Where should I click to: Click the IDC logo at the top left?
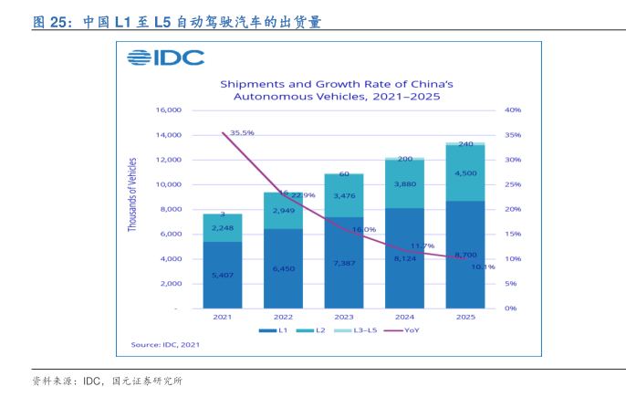pos(166,57)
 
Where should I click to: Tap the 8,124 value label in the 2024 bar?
pos(404,258)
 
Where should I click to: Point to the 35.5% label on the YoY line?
pos(242,132)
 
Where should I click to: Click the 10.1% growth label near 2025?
pos(483,267)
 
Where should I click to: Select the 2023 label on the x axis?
pos(343,316)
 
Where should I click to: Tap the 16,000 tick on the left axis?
pos(169,110)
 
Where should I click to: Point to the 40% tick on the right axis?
pos(512,110)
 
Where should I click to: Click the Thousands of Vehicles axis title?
pos(132,194)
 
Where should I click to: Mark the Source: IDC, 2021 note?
pos(164,344)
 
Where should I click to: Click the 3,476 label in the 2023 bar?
pos(344,196)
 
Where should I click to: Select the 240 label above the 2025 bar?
pos(465,144)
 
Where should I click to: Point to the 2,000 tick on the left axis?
pos(172,284)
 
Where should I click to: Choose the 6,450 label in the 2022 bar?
pos(283,268)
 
